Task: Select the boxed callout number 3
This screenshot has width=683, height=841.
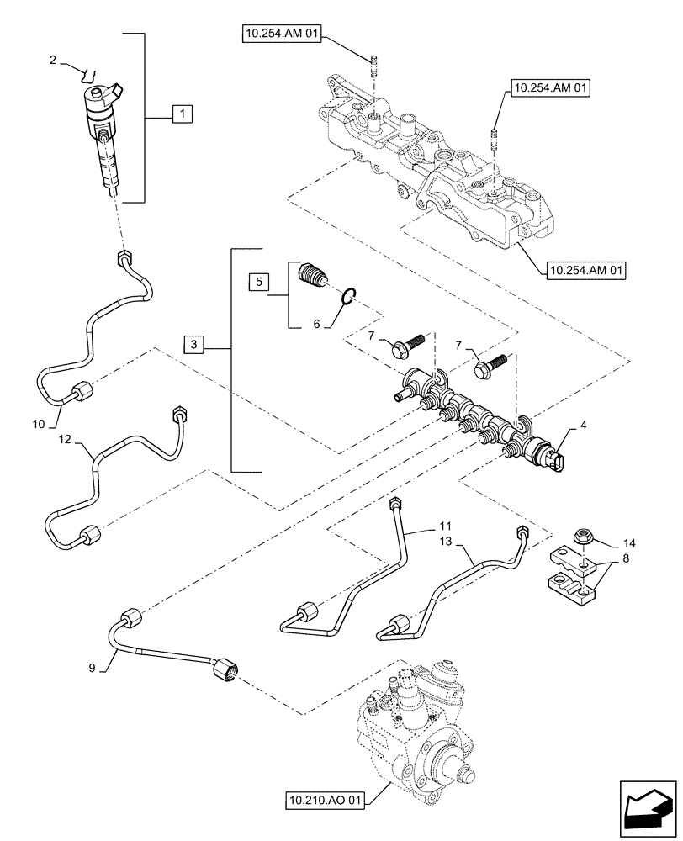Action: coord(194,344)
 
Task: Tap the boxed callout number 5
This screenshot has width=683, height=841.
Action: coord(258,281)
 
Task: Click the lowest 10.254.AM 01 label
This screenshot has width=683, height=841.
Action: coord(586,271)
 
